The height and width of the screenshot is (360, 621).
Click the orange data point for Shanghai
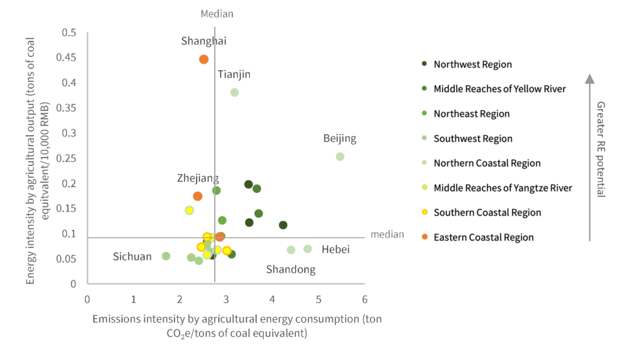[204, 59]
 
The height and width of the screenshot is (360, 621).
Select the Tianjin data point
[234, 93]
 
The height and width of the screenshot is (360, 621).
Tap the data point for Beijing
[340, 156]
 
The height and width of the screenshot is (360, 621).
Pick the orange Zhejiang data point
[198, 196]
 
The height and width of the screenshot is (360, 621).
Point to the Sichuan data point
[166, 256]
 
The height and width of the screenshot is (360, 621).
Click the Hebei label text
[335, 249]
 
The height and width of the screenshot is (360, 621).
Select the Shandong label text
[291, 270]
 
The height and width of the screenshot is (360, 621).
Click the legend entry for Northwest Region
[472, 64]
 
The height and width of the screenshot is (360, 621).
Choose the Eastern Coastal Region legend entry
[483, 237]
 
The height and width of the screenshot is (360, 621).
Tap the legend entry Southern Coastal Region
[487, 213]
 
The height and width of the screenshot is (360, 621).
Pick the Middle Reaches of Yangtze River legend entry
[502, 188]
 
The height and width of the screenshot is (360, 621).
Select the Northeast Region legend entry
[471, 114]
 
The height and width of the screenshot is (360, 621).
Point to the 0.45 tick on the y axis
[69, 58]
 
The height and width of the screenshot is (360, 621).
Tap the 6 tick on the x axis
[364, 299]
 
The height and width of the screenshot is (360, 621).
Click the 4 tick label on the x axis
[272, 299]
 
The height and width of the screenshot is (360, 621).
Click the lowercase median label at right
[387, 235]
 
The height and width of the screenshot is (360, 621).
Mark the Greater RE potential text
[600, 149]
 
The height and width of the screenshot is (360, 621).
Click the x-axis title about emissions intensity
[237, 325]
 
